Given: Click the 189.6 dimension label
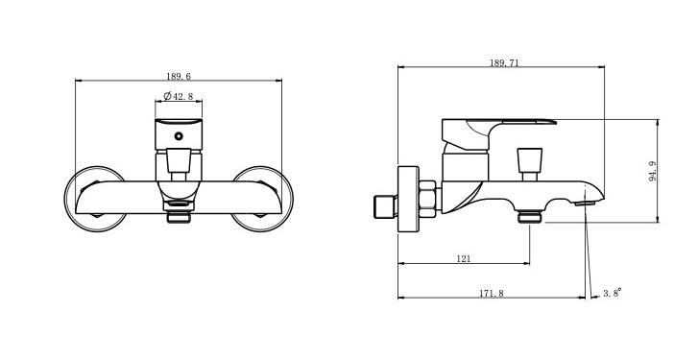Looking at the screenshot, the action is (179, 76).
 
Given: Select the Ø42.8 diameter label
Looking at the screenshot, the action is (179, 96).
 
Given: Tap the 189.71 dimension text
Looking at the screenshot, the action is (504, 62).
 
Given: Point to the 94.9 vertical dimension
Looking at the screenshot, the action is (653, 171).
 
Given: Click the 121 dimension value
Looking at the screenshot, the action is (464, 258).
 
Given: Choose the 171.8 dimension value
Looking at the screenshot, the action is (492, 293).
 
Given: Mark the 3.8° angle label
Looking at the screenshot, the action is (613, 293).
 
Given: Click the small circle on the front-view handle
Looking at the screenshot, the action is (179, 136).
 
